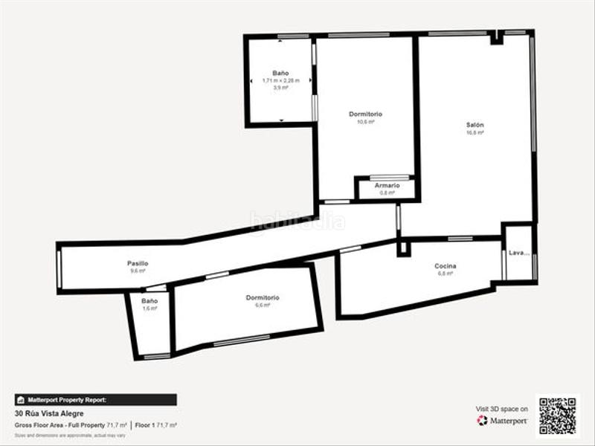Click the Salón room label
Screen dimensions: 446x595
[475, 126]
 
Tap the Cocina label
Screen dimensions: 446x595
[446, 266]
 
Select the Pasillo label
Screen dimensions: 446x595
[138, 263]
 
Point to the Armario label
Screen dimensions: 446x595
[387, 185]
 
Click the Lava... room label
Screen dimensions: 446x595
[519, 253]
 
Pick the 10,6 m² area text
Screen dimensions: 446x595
[366, 121]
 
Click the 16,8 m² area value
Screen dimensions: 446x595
[475, 133]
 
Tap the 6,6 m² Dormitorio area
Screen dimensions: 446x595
[263, 305]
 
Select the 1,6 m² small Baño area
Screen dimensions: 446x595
[149, 308]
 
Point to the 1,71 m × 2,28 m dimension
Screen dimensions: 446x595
[280, 80]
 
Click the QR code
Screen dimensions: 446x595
[557, 416]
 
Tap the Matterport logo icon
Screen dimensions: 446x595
[482, 421]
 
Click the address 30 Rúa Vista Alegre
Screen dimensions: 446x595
[49, 413]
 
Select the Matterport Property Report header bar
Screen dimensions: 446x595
[96, 400]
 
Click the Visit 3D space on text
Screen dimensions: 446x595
[502, 409]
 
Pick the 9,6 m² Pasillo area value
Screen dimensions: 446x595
[138, 271]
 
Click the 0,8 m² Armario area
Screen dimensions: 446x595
[387, 193]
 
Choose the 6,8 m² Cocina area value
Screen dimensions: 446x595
[446, 274]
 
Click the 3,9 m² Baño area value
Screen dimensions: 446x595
[280, 87]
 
